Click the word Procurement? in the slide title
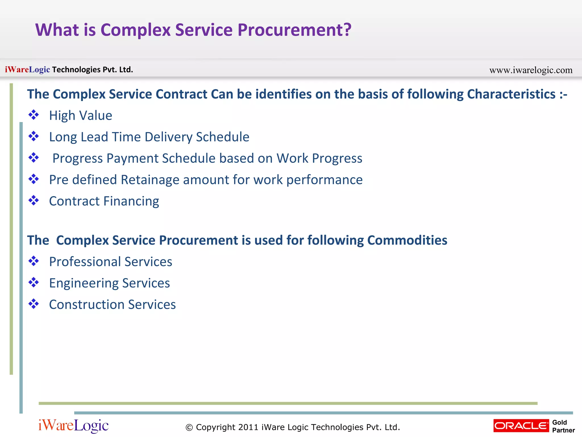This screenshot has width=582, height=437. coord(294,30)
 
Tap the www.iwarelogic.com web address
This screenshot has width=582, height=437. coord(531,70)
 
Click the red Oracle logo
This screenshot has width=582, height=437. coord(521,426)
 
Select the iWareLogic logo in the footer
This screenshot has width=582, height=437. coord(73,426)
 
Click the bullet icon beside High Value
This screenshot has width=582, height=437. coord(34,115)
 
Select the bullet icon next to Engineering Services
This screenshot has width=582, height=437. coord(34,283)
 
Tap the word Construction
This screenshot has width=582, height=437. coord(87,304)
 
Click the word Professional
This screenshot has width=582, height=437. coord(85,262)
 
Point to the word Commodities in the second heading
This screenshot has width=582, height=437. coord(407,240)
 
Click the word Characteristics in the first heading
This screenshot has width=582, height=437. coord(511,94)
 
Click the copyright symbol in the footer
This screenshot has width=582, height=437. coord(189,427)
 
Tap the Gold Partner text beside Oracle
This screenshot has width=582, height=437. coord(563,426)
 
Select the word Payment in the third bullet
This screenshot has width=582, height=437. coord(132,158)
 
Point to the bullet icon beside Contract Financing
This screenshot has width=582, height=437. coord(34,201)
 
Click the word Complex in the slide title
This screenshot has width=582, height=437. coord(135,30)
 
